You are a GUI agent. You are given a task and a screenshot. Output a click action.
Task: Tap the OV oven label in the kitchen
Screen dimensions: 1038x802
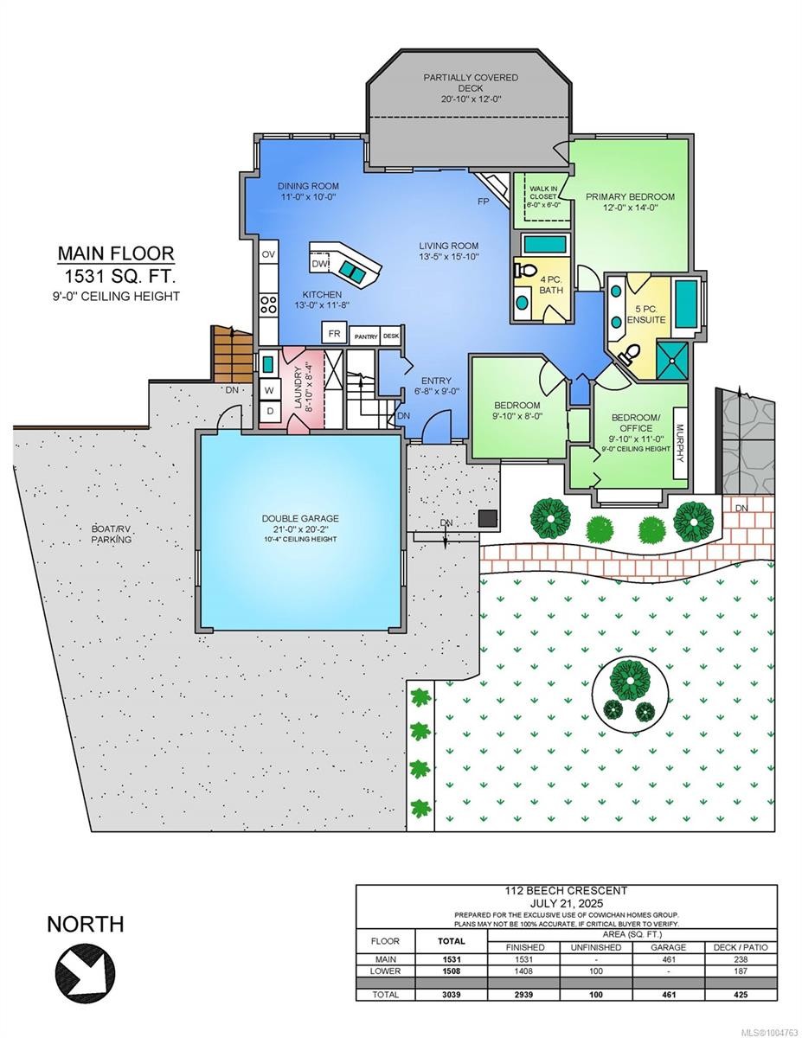(x=268, y=254)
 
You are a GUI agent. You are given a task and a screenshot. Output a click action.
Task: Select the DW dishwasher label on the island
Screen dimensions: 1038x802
(x=320, y=263)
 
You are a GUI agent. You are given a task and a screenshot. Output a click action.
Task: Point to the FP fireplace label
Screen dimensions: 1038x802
(x=482, y=202)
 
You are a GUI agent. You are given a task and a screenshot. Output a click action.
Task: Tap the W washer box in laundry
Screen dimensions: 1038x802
(x=269, y=389)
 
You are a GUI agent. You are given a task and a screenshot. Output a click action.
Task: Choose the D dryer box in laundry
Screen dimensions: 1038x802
(x=269, y=412)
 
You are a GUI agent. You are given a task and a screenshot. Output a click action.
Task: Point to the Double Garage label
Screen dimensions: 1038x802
(x=301, y=519)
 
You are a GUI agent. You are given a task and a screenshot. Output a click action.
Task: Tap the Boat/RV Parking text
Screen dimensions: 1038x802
(x=112, y=534)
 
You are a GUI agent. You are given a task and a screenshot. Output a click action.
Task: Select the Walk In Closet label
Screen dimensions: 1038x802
(x=544, y=196)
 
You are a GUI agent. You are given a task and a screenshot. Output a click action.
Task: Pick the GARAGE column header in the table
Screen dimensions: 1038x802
(x=668, y=947)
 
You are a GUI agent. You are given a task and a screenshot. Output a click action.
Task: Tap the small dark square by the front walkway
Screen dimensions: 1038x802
(x=488, y=518)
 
